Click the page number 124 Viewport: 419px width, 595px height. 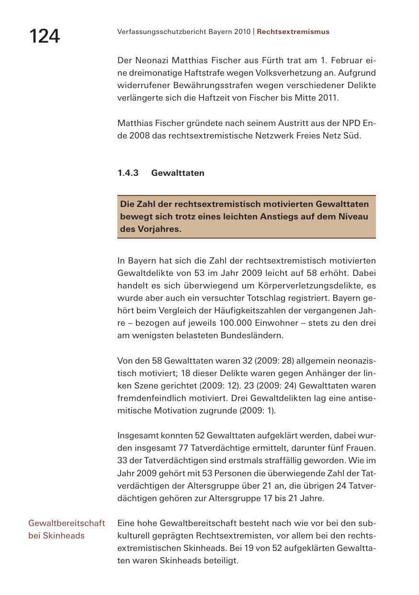tap(45, 36)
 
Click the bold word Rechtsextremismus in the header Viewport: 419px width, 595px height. tap(293, 32)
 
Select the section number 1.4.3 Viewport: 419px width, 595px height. tap(128, 173)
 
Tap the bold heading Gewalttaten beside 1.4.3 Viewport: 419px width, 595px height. tap(178, 173)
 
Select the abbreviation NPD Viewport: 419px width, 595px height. tap(351, 123)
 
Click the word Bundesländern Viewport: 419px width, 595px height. tap(252, 335)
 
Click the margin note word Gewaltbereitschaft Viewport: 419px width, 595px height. tap(67, 523)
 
